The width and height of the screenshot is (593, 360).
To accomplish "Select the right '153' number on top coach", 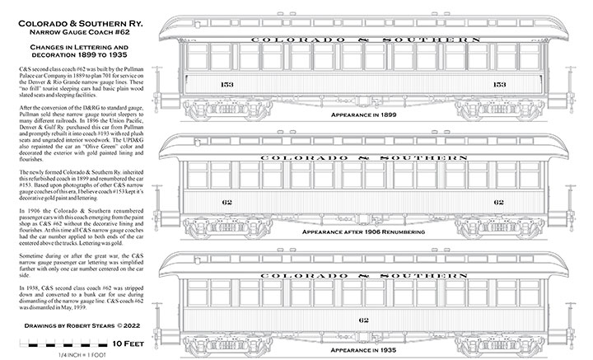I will tap(498, 84).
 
